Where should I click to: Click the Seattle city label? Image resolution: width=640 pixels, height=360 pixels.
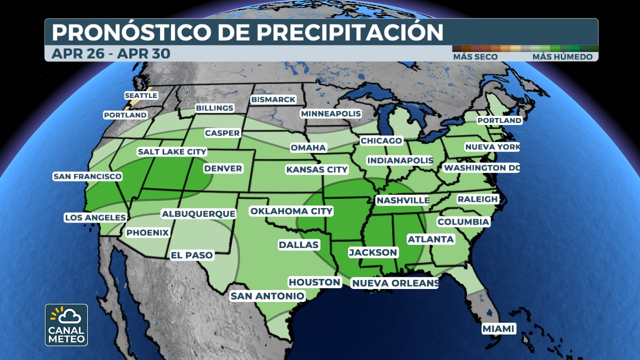coord(141,95)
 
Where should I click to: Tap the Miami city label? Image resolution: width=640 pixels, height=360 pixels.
coord(498,328)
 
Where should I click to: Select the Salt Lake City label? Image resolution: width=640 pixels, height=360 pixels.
coord(171,151)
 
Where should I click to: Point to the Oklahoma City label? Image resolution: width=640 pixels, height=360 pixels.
coord(291,211)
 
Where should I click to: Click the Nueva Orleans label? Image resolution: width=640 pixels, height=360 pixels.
coord(395,283)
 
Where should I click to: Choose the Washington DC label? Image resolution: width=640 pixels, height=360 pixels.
coord(481,167)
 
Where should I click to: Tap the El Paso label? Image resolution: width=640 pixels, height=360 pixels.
coord(192,255)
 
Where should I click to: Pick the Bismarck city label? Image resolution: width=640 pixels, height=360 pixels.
coord(273,99)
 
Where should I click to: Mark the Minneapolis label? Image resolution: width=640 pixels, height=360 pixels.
coord(330,113)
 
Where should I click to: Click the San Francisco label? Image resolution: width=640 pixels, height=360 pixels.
coord(87,176)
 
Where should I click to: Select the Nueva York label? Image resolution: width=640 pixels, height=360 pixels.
coord(492,147)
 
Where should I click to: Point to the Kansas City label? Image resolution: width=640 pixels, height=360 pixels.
coord(316,169)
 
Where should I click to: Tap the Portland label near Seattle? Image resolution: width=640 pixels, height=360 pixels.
coord(125,115)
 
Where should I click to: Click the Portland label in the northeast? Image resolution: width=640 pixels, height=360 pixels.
coord(499,120)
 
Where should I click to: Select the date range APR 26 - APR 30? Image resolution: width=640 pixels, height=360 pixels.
coord(110,53)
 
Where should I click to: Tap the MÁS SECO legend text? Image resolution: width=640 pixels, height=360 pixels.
coord(475,57)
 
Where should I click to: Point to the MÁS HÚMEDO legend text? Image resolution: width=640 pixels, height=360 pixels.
coord(562,57)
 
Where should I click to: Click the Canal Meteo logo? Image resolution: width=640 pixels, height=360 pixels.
coord(66,325)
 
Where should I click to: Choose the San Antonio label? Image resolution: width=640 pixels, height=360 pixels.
coord(267,296)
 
